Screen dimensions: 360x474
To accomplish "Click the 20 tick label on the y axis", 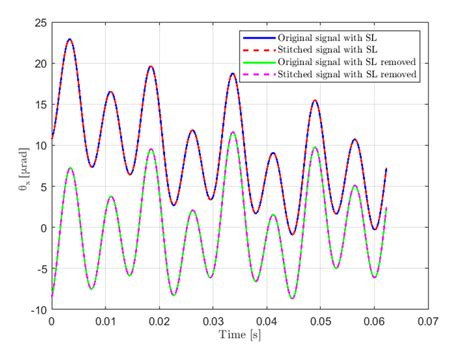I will (39, 63).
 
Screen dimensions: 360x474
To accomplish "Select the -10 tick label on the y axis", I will (36, 310).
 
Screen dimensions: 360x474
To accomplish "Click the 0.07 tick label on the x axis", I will (427, 322).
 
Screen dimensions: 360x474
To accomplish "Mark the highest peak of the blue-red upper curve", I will (69, 39).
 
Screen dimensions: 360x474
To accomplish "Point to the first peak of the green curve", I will (70, 167).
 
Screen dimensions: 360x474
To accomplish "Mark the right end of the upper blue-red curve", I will (386, 169).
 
